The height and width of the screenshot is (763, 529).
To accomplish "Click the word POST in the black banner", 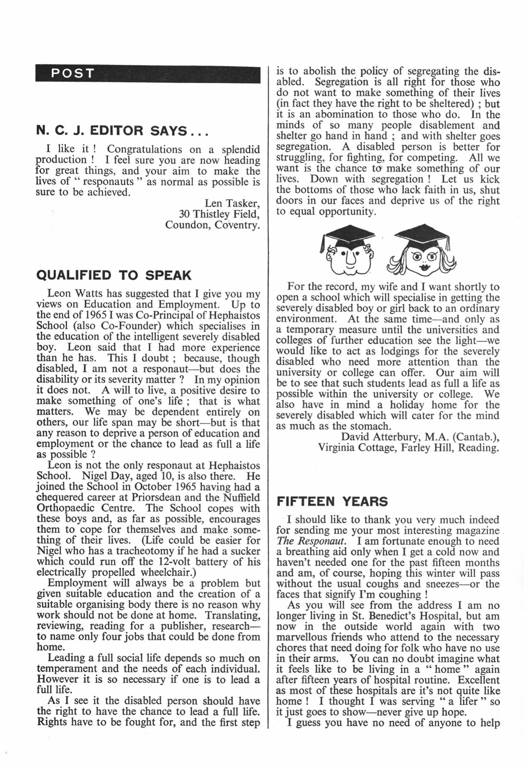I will [x=73, y=74].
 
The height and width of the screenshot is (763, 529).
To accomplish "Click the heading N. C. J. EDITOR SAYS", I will [x=122, y=131].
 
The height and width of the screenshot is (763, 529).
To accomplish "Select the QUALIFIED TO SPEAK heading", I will [x=114, y=275].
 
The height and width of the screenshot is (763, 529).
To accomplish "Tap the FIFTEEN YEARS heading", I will [x=332, y=502].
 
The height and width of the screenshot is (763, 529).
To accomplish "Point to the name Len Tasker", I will [x=232, y=203].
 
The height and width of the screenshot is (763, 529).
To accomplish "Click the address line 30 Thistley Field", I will [x=219, y=214].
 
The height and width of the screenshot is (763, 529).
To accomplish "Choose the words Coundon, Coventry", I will [x=213, y=225].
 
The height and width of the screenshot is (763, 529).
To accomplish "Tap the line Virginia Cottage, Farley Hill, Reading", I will [x=408, y=448].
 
